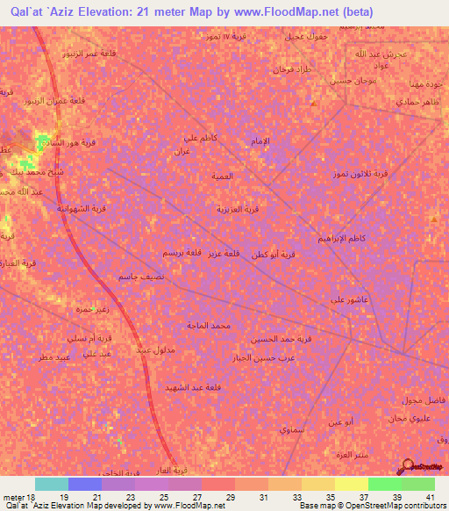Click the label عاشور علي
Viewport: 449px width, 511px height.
348,299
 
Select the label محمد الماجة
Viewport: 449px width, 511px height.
208,326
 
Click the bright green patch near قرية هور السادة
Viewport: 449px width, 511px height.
41,141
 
